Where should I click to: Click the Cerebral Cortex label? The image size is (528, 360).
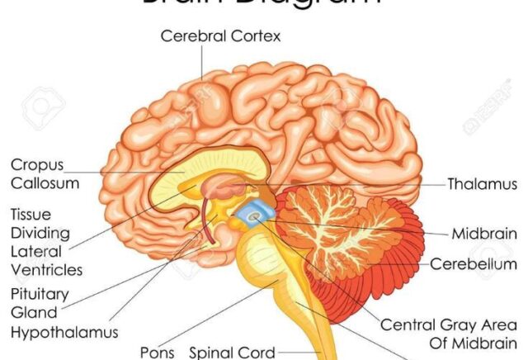pos(220,36)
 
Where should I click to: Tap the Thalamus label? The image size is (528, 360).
pos(482,184)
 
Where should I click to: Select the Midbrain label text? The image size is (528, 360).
pos(484,234)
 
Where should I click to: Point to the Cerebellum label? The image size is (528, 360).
pos(474,264)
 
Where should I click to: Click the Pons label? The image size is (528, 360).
pos(158,353)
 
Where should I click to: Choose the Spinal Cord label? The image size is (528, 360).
pos(232,353)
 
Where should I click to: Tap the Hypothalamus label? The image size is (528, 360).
pos(64,333)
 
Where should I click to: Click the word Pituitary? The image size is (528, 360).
pos(40,293)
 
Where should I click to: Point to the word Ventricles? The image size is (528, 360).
pos(47,269)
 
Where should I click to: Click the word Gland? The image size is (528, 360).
pos(34,312)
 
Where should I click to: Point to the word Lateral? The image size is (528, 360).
pos(36,250)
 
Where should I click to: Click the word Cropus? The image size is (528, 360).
pos(38,165)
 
